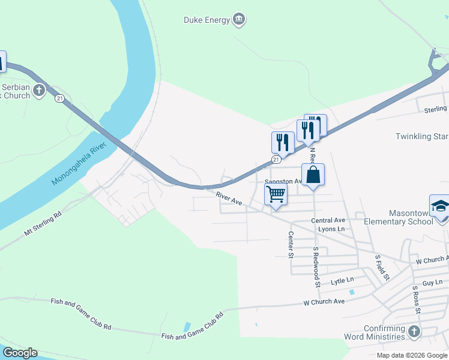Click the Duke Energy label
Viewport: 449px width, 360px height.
tap(206, 20)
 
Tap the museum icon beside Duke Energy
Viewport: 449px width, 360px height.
tap(240, 20)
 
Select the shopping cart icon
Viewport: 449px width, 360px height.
tap(276, 194)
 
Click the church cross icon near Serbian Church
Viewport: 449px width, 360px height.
tap(39, 91)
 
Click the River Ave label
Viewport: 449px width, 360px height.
tap(229, 199)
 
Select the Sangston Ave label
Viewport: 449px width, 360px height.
tap(283, 181)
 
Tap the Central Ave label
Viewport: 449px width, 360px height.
tap(328, 220)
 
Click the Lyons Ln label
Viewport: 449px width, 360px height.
tap(332, 229)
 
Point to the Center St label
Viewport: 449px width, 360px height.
tap(290, 245)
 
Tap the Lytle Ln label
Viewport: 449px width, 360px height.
tap(342, 280)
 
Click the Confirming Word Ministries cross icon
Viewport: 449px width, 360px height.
tap(414, 331)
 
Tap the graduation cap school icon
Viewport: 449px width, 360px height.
tap(440, 206)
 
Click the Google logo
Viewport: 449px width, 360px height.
tap(20, 353)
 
